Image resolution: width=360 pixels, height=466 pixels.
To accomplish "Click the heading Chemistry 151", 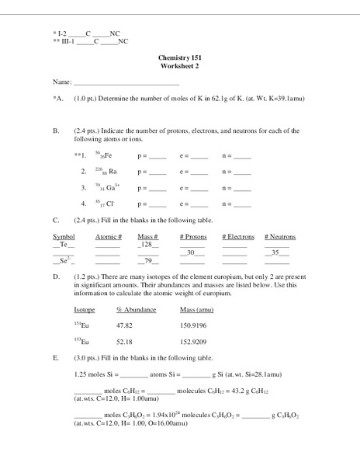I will click(x=179, y=59).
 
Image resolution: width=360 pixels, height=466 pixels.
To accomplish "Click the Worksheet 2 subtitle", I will click(x=179, y=67).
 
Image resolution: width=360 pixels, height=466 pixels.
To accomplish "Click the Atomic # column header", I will click(x=109, y=236).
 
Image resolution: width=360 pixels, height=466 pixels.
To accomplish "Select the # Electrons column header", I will click(x=237, y=236).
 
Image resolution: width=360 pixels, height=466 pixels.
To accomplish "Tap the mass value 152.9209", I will click(x=194, y=342).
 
